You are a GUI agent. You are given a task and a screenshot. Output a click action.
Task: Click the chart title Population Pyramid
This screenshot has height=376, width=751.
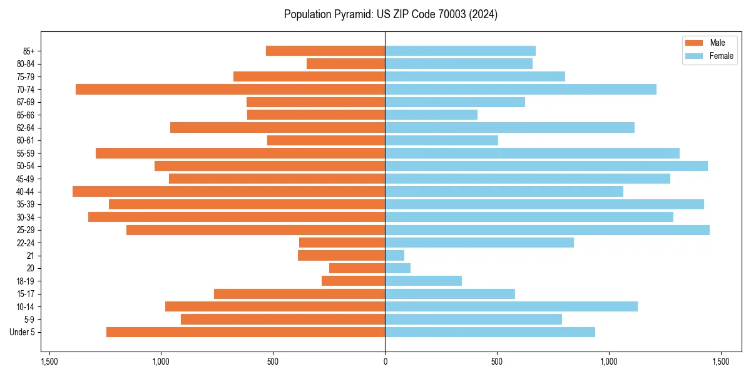click(391, 14)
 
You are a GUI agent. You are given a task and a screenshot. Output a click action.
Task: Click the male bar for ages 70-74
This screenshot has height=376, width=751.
click(230, 90)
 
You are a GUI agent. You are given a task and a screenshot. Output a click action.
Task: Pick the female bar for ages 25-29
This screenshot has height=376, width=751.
click(547, 230)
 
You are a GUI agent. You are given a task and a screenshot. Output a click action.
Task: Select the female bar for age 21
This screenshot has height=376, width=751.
click(394, 256)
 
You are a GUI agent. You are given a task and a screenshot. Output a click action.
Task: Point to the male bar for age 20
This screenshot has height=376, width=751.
click(357, 268)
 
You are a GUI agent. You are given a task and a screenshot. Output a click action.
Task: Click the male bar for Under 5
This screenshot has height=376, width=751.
click(245, 332)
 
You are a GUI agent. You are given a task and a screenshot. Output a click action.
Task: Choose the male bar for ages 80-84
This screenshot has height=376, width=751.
click(345, 64)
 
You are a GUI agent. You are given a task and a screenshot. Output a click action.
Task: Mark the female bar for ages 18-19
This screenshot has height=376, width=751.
click(423, 281)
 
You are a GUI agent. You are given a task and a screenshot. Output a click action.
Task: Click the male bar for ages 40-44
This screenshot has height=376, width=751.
click(228, 192)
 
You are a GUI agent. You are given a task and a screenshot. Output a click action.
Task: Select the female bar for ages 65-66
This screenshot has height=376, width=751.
click(431, 115)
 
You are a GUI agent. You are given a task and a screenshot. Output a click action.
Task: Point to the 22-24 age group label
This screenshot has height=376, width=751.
click(26, 243)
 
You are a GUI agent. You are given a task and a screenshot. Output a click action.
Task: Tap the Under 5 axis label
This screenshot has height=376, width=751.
click(23, 332)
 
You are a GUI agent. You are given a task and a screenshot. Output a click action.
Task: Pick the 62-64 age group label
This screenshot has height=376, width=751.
click(26, 128)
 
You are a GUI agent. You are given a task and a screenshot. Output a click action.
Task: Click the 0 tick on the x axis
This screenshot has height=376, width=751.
click(385, 362)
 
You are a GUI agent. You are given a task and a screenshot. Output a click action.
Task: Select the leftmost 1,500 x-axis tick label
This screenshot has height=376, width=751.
click(49, 362)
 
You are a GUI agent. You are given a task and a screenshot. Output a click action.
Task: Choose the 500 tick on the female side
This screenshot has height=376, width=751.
click(497, 362)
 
